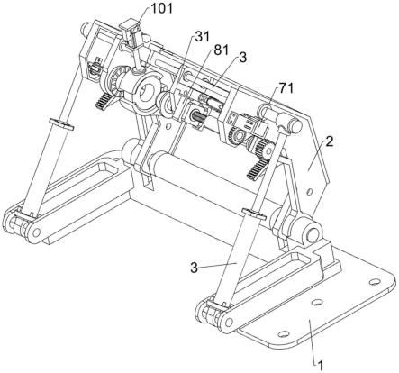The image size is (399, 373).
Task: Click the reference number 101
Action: (162, 8)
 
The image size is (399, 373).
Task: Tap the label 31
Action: (202, 36)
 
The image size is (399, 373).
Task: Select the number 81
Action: (222, 50)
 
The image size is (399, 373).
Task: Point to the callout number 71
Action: (286, 88)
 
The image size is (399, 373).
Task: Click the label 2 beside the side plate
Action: (330, 141)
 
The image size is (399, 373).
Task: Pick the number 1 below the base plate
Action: (321, 366)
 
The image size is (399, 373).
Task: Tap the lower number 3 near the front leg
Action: (195, 268)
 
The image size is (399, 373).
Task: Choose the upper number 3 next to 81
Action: (242, 58)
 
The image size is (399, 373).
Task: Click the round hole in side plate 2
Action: (310, 191)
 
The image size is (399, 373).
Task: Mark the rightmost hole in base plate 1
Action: (374, 282)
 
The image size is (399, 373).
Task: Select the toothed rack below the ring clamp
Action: (103, 102)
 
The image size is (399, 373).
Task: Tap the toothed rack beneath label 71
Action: (256, 169)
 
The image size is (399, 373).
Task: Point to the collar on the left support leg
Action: (61, 123)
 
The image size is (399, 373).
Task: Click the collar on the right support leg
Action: (253, 214)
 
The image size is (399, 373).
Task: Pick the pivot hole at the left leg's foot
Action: (36, 232)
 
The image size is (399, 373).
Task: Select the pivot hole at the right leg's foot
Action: (229, 323)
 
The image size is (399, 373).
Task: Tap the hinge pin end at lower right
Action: (313, 233)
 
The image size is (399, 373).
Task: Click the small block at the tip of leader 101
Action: (129, 30)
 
